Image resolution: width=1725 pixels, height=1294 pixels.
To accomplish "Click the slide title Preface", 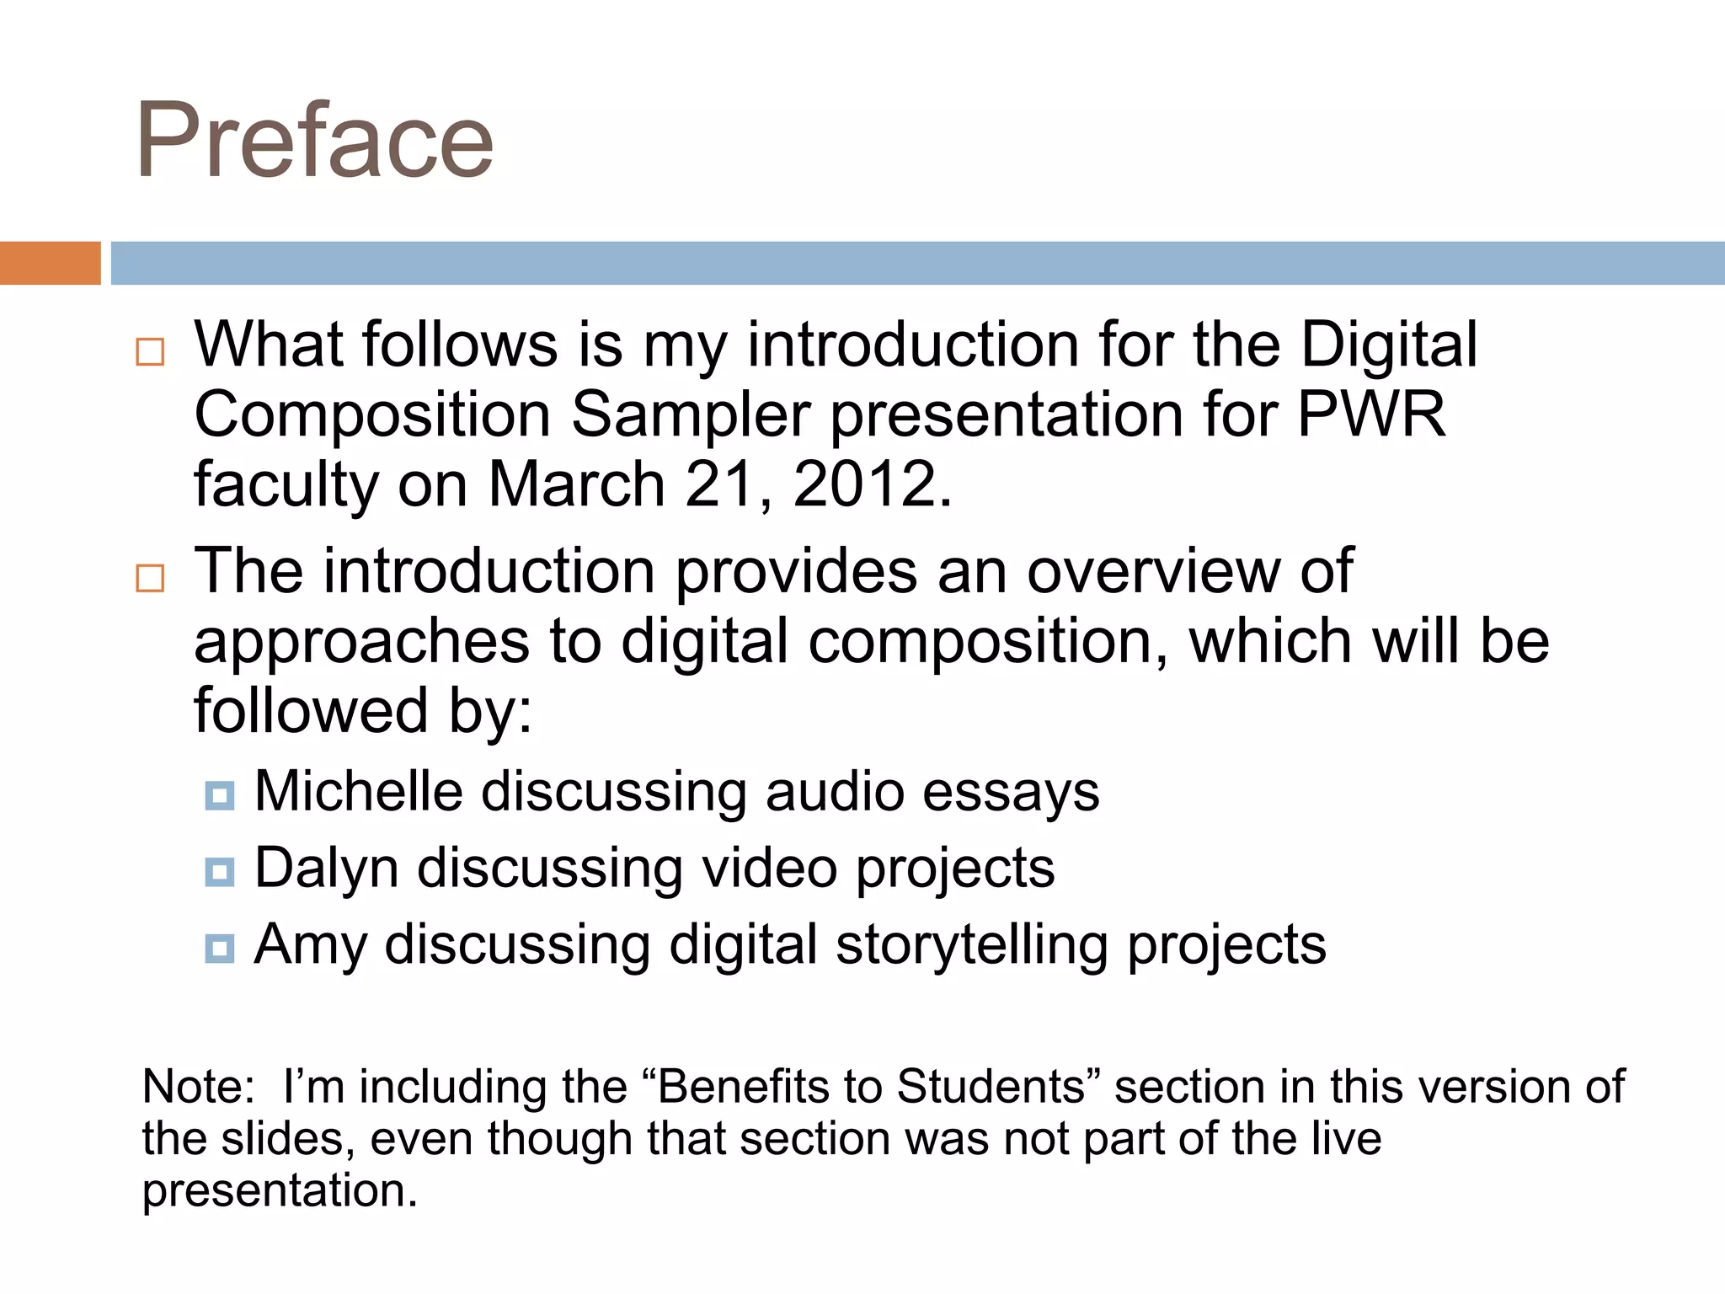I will pyautogui.click(x=314, y=142).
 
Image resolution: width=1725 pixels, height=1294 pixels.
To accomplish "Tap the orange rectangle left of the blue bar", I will pyautogui.click(x=50, y=263).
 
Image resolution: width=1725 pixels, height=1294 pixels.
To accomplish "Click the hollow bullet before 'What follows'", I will pyautogui.click(x=150, y=351).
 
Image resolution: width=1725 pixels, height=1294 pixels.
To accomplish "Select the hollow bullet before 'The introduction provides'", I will pyautogui.click(x=150, y=578).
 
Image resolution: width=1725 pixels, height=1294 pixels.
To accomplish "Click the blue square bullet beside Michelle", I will pyautogui.click(x=219, y=795).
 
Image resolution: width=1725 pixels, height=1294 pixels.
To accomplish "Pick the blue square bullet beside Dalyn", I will pyautogui.click(x=219, y=871).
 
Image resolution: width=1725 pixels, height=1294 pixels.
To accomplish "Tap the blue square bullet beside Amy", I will pyautogui.click(x=219, y=948).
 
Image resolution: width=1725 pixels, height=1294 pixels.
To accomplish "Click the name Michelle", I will pyautogui.click(x=359, y=792).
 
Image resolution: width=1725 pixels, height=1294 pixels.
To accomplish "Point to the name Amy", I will pyautogui.click(x=310, y=945).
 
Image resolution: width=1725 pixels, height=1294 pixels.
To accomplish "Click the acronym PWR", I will pyautogui.click(x=1371, y=414).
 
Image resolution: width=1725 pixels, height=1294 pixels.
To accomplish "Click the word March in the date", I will pyautogui.click(x=577, y=484).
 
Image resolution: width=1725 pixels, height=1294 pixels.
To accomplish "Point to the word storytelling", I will pyautogui.click(x=972, y=945).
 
